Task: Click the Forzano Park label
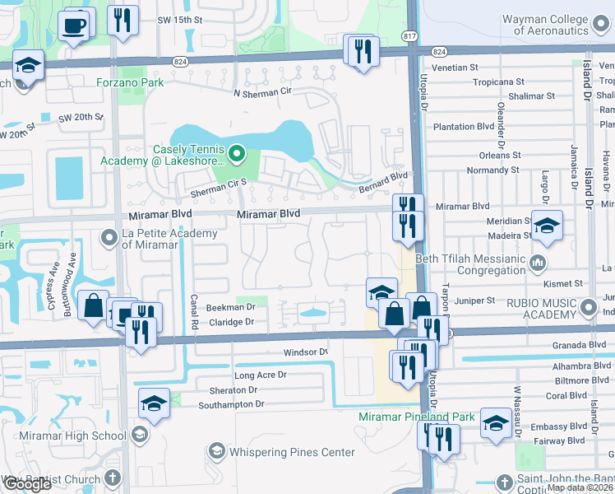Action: tap(130, 82)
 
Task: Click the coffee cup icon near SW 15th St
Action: tap(75, 25)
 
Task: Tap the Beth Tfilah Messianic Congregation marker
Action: tap(538, 264)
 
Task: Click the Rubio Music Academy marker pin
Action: tap(588, 309)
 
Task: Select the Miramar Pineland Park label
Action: tap(416, 417)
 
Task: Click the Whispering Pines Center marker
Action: tap(216, 451)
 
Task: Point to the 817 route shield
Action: tap(409, 36)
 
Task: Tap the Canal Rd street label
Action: tap(195, 308)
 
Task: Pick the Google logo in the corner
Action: tap(26, 484)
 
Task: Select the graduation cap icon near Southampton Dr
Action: tap(154, 401)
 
